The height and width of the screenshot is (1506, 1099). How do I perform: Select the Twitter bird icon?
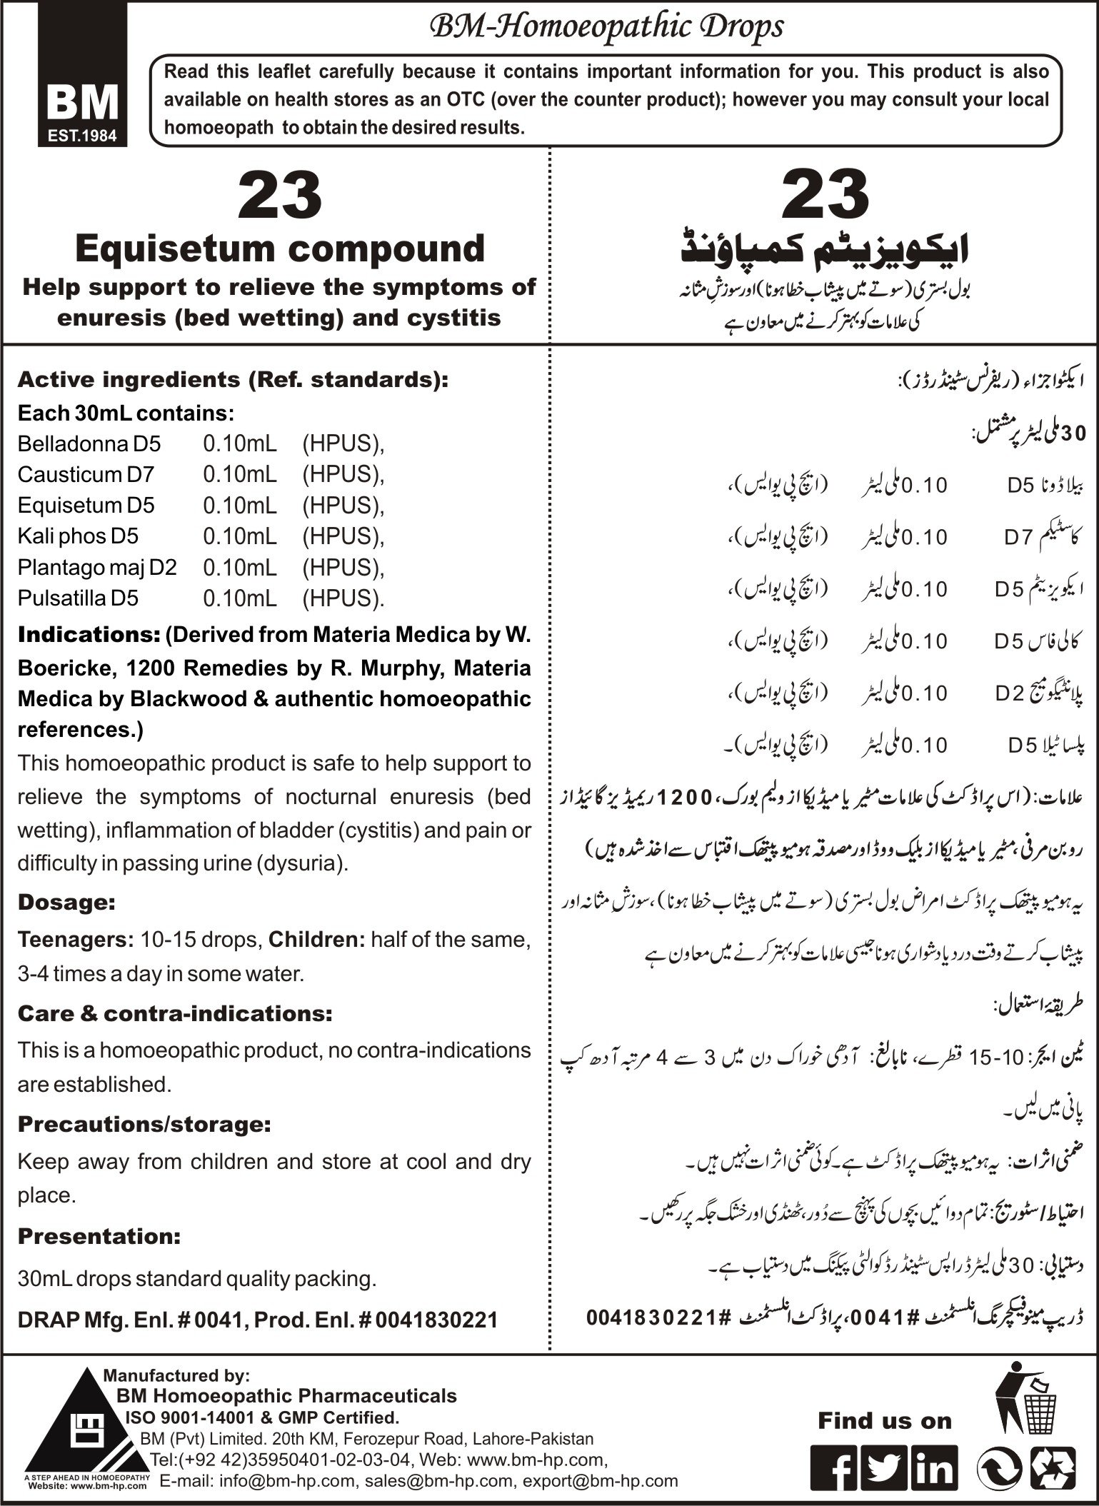pyautogui.click(x=885, y=1467)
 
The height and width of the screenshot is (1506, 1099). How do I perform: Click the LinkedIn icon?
pyautogui.click(x=933, y=1467)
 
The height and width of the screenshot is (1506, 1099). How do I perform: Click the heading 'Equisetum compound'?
pyautogui.click(x=280, y=249)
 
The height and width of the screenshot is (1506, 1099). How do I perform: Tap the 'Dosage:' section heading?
pyautogui.click(x=66, y=902)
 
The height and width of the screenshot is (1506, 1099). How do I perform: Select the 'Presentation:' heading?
pyautogui.click(x=99, y=1236)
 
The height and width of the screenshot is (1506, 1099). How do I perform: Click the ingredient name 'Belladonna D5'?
pyautogui.click(x=89, y=444)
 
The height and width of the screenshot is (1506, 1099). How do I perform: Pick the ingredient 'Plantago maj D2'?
pyautogui.click(x=97, y=568)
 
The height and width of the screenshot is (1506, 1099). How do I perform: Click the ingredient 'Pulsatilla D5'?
pyautogui.click(x=78, y=598)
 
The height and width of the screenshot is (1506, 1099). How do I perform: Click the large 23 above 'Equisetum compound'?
pyautogui.click(x=280, y=195)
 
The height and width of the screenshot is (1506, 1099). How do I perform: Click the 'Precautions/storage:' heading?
pyautogui.click(x=144, y=1125)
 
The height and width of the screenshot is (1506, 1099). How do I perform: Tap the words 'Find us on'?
pyautogui.click(x=885, y=1421)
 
